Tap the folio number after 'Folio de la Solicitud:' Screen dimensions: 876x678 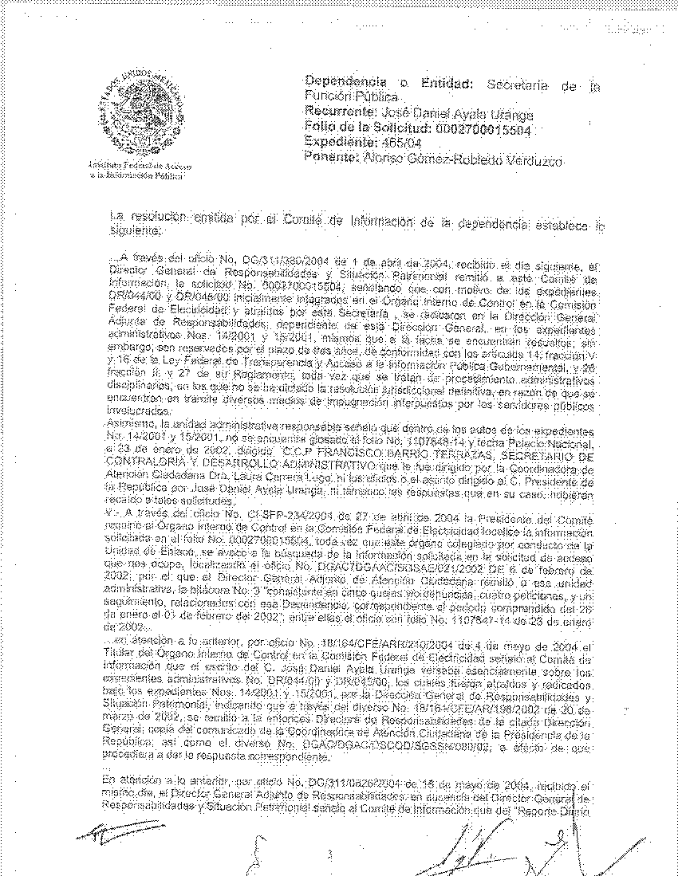483,128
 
